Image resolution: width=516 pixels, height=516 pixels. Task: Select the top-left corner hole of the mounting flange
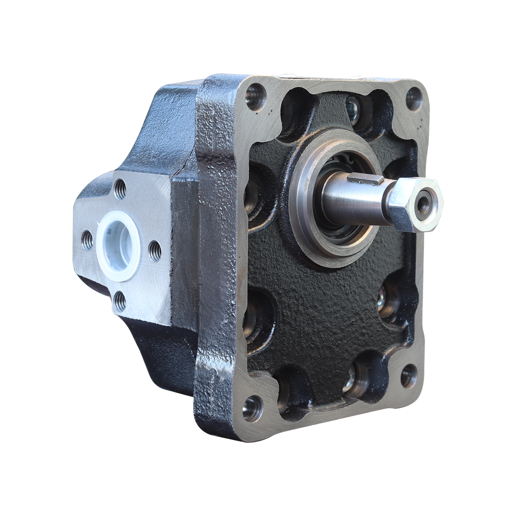coord(256,97)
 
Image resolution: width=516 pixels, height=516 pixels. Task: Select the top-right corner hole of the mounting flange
coord(414,99)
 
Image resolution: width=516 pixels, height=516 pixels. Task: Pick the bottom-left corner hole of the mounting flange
coord(252,408)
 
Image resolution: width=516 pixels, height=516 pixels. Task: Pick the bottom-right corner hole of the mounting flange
coord(408,376)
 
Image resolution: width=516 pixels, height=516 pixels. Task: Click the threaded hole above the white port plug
coord(120,189)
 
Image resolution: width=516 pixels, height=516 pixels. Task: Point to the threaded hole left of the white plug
coord(87,240)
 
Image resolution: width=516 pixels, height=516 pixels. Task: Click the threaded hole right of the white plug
coord(155,250)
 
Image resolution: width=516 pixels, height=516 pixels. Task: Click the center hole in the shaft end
coord(423,205)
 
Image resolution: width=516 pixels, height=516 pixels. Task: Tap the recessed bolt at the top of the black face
coord(354,107)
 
